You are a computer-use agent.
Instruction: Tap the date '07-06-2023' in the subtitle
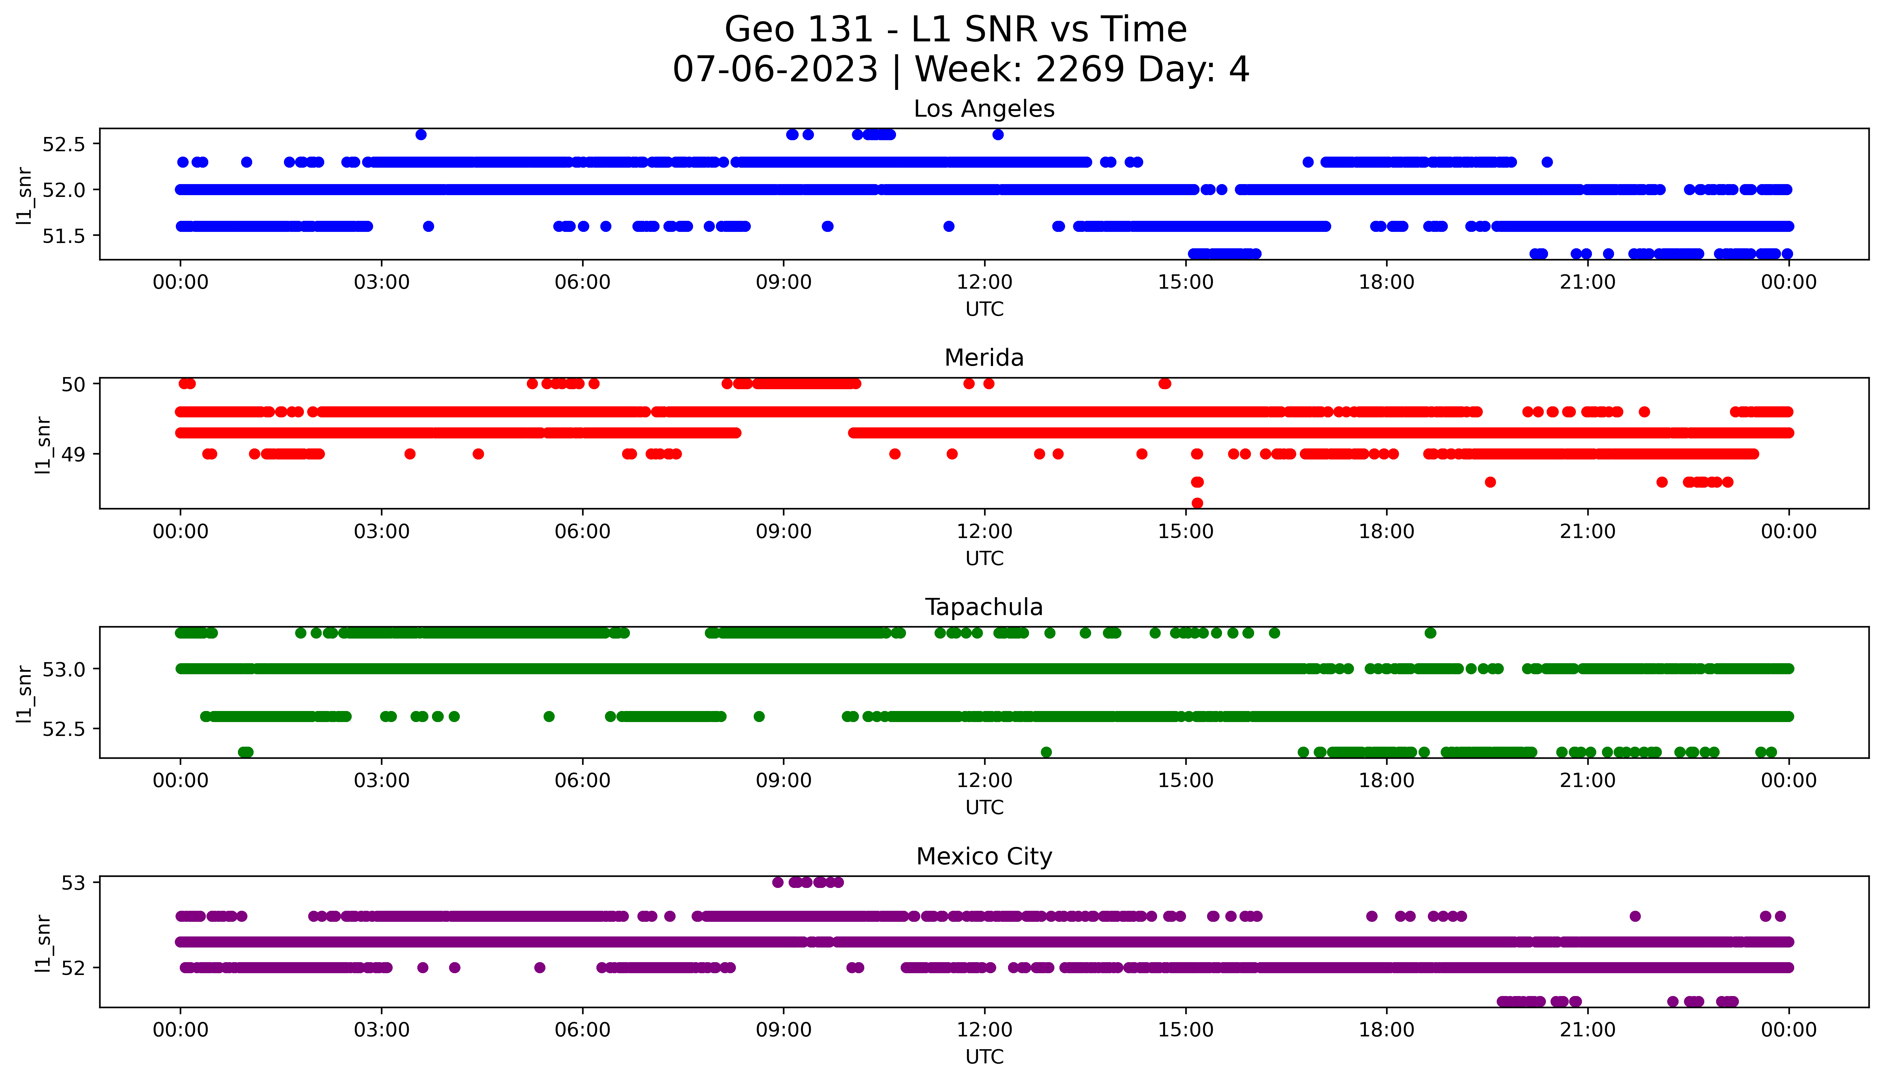775,70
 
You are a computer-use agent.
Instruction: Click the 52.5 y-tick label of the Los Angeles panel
64,144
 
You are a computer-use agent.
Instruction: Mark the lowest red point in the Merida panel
1197,503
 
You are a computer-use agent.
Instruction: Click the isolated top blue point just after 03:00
421,134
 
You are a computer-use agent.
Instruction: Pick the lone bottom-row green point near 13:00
1046,752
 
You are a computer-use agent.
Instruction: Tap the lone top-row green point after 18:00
1430,633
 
